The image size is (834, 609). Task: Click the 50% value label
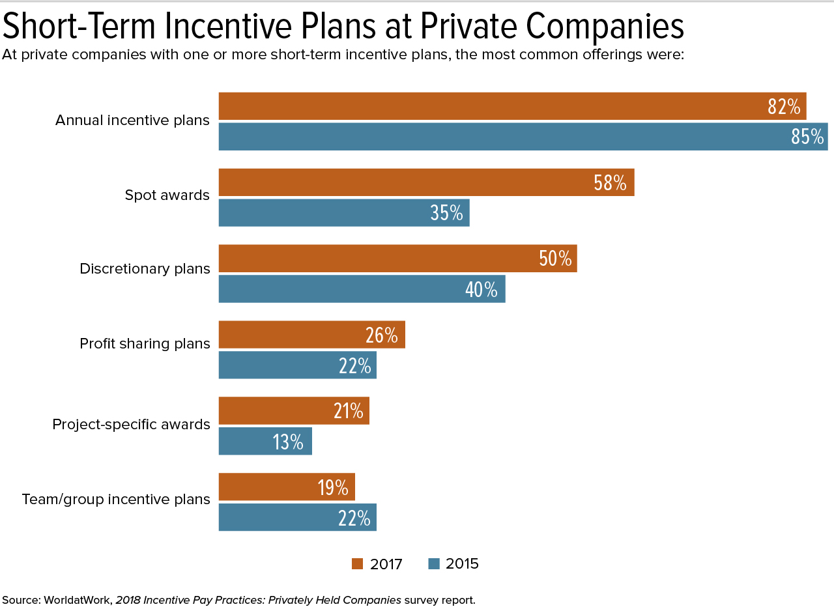pos(555,259)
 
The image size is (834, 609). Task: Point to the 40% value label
pos(482,289)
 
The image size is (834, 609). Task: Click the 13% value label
pos(288,442)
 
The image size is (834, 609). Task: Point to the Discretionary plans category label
pos(145,269)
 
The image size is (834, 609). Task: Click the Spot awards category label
pos(167,195)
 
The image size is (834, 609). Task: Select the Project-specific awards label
pos(131,425)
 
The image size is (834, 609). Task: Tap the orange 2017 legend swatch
pos(358,564)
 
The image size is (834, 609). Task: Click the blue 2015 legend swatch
pos(434,564)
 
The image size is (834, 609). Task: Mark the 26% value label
pos(382,335)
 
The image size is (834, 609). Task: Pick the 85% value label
pos(807,137)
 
